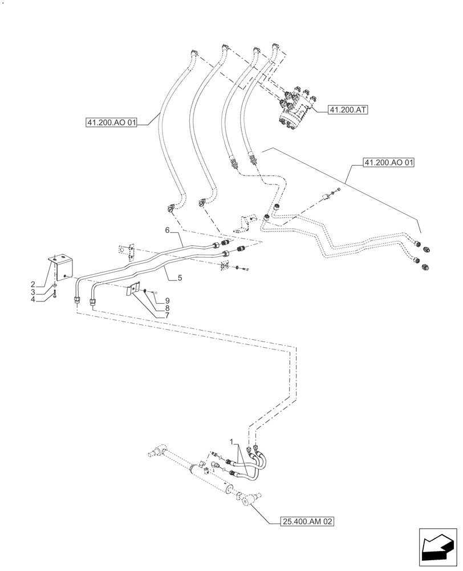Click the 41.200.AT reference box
coord(348,110)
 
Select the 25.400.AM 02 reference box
coord(307,521)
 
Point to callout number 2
coord(33,284)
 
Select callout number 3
coord(33,291)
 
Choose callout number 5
coord(180,278)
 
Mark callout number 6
coord(167,230)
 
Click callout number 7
coord(167,315)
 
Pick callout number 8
coord(167,308)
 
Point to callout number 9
coord(167,300)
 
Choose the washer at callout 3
coord(54,285)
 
